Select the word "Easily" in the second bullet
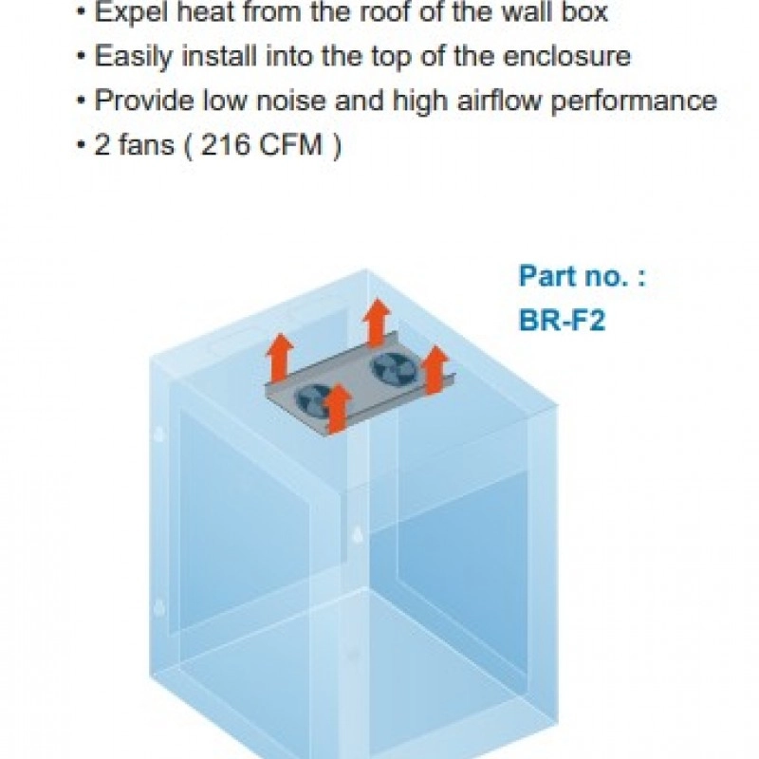click(x=128, y=56)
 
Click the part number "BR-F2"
click(x=562, y=320)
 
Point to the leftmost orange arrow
click(x=278, y=359)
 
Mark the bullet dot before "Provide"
click(x=81, y=101)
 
